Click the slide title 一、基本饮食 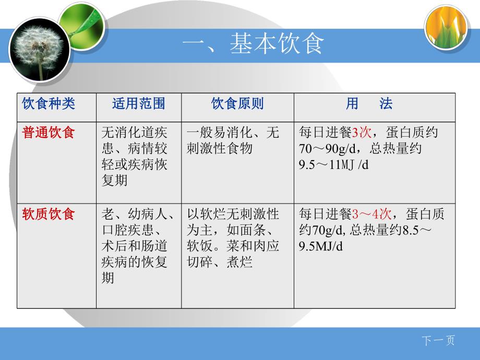(253, 44)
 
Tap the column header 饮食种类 (49, 104)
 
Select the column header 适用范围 (138, 104)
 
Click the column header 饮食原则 (237, 104)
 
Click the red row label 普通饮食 (49, 133)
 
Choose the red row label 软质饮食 (49, 214)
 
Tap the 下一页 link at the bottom (438, 341)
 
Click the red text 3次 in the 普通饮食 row (362, 133)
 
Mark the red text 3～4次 (371, 214)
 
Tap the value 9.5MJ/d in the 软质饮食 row (321, 246)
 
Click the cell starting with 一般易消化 (237, 140)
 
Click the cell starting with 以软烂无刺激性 (237, 238)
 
